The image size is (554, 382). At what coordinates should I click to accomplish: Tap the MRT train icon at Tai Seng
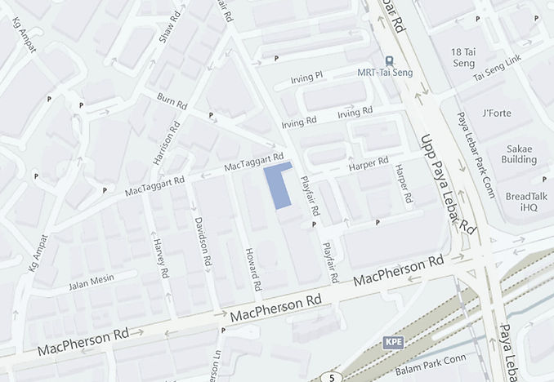(x=389, y=60)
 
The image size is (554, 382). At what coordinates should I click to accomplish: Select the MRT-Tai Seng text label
(x=385, y=73)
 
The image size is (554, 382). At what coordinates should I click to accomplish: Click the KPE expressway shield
(x=394, y=341)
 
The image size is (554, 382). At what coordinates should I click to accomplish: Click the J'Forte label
(x=496, y=113)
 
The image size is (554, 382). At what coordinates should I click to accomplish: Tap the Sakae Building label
(x=520, y=153)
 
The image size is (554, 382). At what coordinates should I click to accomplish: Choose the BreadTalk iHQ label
(x=521, y=202)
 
